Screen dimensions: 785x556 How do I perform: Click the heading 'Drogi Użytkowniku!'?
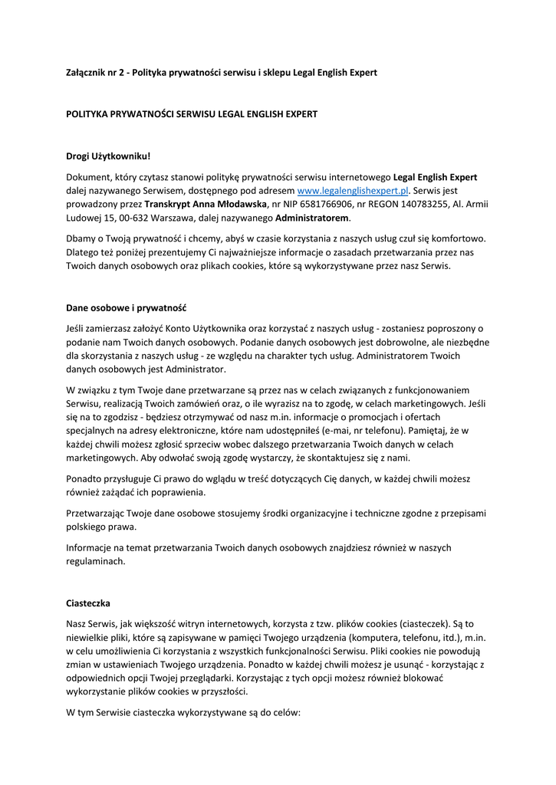click(108, 156)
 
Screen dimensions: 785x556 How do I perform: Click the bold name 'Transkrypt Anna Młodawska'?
click(205, 204)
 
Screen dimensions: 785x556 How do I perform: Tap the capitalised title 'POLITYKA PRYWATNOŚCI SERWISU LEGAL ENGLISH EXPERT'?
click(192, 113)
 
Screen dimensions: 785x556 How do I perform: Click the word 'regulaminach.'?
click(96, 561)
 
